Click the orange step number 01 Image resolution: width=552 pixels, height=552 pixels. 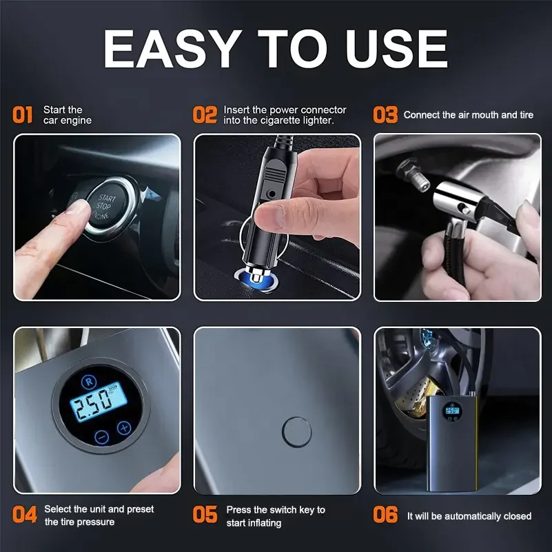[23, 115]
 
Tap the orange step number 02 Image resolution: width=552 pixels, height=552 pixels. [205, 115]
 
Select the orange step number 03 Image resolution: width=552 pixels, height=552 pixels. [385, 115]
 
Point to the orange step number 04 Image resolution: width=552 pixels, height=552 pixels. [24, 515]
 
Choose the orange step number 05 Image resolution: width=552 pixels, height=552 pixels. [205, 515]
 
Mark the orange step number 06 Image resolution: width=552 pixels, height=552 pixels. [385, 515]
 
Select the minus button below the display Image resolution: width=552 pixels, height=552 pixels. [101, 436]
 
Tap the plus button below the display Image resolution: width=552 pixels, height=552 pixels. [124, 427]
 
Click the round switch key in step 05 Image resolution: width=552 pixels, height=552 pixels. [296, 431]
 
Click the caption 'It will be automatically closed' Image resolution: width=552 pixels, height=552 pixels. [469, 515]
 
